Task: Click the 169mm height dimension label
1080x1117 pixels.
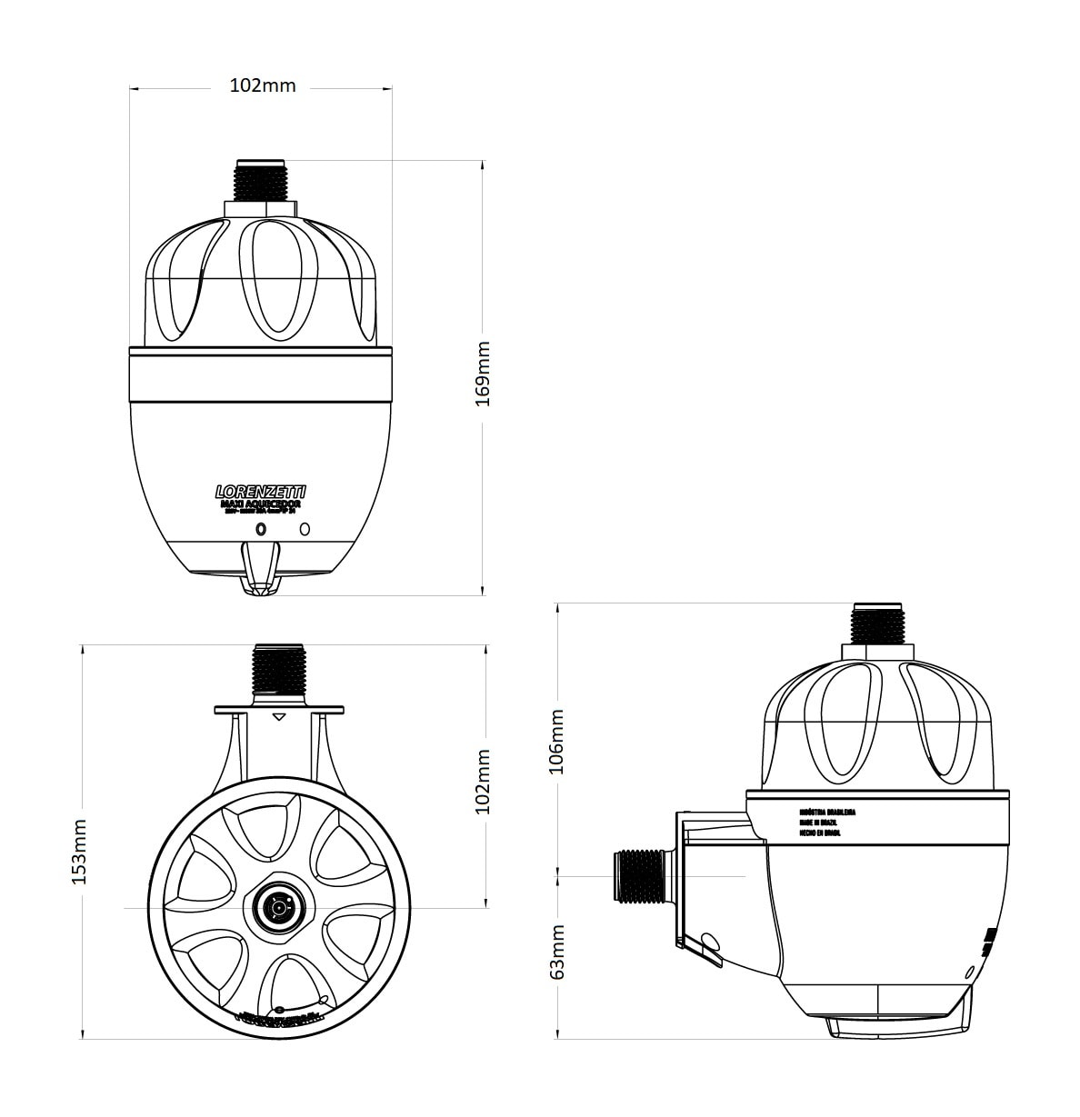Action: tap(483, 374)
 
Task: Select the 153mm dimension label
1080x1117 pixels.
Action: tap(80, 852)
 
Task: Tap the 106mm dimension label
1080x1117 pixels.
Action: tap(557, 741)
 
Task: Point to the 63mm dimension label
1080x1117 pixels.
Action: tap(557, 952)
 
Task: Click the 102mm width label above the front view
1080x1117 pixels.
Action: tap(262, 85)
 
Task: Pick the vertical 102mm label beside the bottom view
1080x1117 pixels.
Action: tap(483, 781)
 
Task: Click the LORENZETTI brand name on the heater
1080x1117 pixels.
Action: tap(261, 491)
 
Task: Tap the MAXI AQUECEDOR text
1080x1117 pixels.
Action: tap(261, 503)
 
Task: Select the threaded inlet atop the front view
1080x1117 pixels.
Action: tap(261, 181)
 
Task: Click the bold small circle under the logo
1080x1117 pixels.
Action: tap(262, 528)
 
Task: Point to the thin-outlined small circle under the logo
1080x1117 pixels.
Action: tap(305, 528)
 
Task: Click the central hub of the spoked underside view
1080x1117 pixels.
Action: tap(277, 907)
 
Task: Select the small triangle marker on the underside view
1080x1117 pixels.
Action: tap(279, 718)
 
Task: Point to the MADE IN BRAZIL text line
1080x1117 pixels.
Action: tap(819, 822)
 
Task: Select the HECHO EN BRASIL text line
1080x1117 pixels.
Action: tap(821, 832)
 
